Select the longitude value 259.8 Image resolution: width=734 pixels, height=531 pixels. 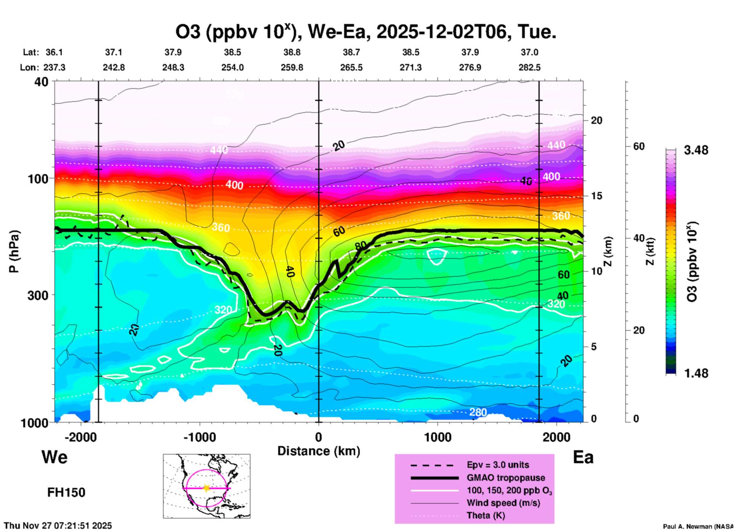tap(292, 67)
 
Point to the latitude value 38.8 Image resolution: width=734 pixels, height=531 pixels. tap(292, 52)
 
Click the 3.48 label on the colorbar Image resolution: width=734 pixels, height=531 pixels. tap(696, 150)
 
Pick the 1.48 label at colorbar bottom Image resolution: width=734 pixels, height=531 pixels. tap(696, 373)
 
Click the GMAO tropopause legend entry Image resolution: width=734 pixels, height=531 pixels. tap(506, 478)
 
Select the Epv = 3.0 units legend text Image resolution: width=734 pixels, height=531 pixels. tap(498, 465)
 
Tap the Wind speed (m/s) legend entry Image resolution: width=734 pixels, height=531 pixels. tap(503, 503)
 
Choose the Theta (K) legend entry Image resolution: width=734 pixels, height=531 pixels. tap(486, 515)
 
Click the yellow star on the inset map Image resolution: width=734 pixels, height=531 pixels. tap(206, 488)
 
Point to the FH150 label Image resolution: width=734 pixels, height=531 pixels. tap(66, 493)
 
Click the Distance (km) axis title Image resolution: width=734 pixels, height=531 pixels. tap(319, 451)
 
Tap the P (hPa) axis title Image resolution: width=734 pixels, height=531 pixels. tap(14, 251)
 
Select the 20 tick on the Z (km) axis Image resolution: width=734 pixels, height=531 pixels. tap(596, 120)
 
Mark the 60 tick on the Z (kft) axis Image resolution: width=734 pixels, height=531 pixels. tap(639, 146)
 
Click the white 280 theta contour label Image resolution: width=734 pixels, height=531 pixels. tap(478, 412)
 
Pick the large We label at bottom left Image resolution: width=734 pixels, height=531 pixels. tap(54, 457)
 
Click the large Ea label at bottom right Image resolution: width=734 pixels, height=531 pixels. tap(583, 457)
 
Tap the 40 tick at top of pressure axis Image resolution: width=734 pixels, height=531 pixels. tap(42, 82)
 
